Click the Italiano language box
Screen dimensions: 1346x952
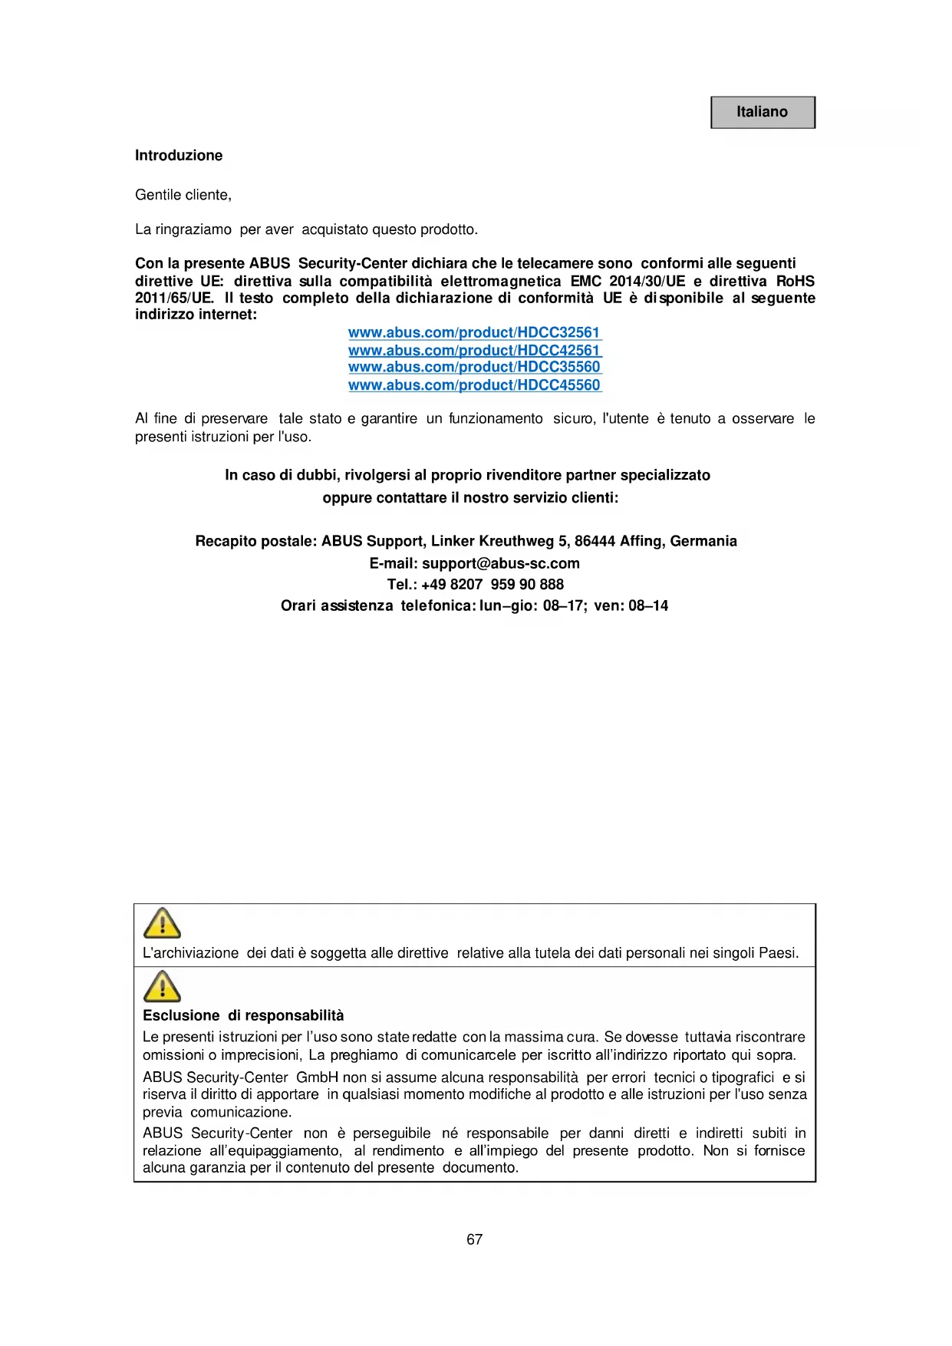762,112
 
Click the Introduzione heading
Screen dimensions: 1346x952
179,156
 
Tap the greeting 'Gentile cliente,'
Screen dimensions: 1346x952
183,195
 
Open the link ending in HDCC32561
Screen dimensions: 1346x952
474,332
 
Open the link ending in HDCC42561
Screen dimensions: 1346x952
474,350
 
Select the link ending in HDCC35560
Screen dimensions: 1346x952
474,367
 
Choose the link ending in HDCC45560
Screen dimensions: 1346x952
474,384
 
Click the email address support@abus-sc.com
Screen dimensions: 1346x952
500,563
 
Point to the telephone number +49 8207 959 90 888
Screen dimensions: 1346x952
492,584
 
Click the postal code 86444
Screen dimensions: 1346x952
595,541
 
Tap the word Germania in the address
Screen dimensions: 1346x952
703,541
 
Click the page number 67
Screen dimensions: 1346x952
475,1239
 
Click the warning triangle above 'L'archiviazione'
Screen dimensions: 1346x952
162,924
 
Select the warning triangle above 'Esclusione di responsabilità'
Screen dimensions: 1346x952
162,986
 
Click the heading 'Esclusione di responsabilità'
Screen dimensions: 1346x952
243,1015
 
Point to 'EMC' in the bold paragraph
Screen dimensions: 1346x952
586,281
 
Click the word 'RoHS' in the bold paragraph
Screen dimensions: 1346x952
796,281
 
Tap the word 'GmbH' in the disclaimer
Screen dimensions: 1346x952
317,1077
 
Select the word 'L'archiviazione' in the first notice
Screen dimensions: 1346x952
191,953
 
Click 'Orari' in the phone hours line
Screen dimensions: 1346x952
298,605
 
